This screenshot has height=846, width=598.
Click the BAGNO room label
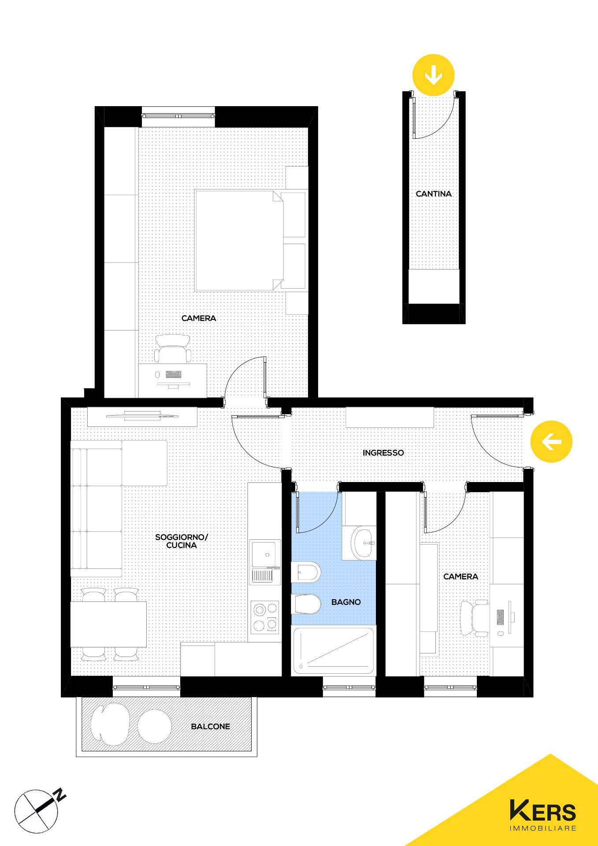[346, 602]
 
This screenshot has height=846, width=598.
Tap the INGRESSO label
[383, 453]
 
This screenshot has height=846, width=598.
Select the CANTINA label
[434, 193]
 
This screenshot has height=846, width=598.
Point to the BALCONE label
[210, 726]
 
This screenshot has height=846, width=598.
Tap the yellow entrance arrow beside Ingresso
[551, 442]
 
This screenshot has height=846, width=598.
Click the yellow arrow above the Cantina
[433, 75]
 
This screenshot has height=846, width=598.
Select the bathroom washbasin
[364, 542]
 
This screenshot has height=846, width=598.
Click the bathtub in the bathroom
[334, 650]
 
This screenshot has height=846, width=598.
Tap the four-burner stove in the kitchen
[265, 617]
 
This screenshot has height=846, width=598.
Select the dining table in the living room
[108, 624]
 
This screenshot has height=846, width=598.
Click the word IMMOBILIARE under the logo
[543, 828]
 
